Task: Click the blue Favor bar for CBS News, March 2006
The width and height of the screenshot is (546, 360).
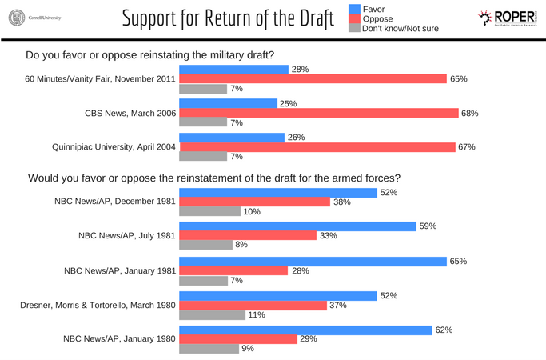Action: [x=228, y=104]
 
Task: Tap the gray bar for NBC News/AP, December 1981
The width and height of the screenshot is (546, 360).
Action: [x=210, y=211]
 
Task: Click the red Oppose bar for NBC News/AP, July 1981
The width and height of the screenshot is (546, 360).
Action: [x=248, y=236]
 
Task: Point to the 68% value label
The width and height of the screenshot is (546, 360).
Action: [x=471, y=114]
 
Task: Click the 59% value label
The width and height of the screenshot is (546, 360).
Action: [x=428, y=226]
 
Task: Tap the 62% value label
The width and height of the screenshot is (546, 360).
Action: [x=444, y=330]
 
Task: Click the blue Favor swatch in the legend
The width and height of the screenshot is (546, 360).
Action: [x=354, y=10]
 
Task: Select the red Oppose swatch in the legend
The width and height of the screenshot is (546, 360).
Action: [x=354, y=19]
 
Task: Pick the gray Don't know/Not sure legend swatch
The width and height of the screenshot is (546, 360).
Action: [x=354, y=29]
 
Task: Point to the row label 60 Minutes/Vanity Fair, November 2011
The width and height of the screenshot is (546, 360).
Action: [x=101, y=79]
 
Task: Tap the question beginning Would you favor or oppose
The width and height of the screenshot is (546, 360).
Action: [x=213, y=177]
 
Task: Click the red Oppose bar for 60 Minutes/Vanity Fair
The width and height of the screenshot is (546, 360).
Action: [x=313, y=79]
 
